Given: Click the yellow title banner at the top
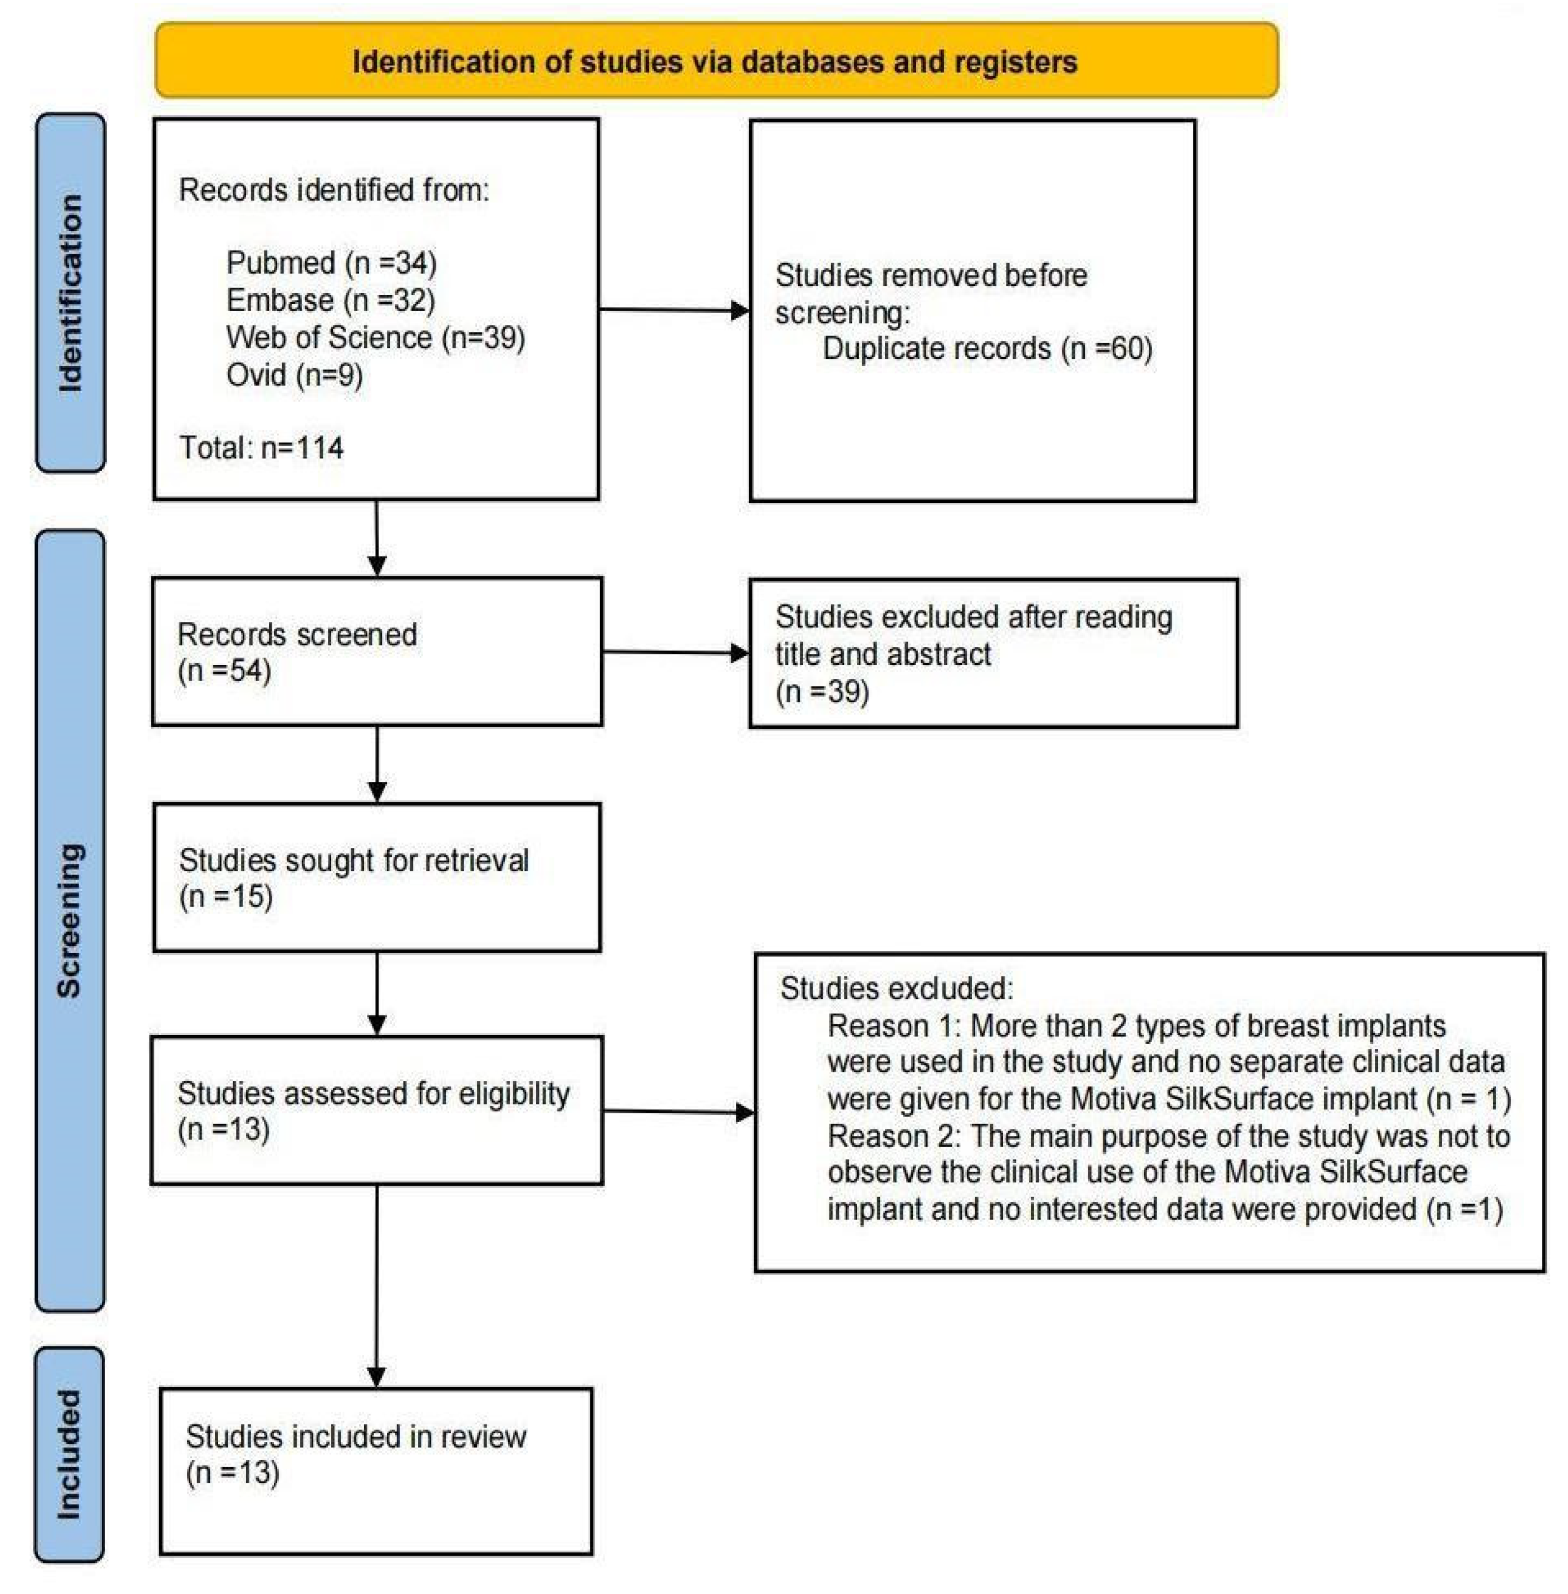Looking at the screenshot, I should tap(716, 61).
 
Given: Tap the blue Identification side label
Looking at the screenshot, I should tap(71, 293).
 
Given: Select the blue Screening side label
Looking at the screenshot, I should tap(71, 920).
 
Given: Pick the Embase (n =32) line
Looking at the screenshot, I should tap(330, 300).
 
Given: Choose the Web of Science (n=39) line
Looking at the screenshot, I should tap(376, 338).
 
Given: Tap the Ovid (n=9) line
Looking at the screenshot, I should tap(294, 376).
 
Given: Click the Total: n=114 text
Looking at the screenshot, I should tap(261, 448).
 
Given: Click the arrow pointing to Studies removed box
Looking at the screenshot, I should tap(674, 310).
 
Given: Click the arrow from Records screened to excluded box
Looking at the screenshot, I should tap(675, 653).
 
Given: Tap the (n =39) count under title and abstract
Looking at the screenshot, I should tap(822, 692).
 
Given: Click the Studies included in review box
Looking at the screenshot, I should tap(376, 1472).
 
